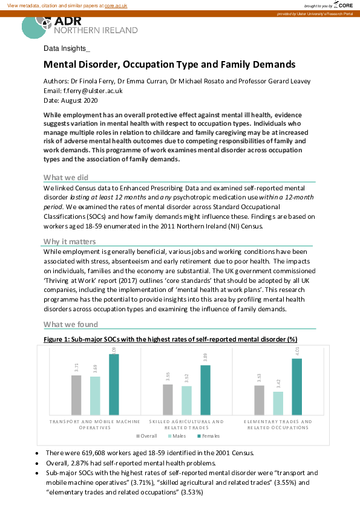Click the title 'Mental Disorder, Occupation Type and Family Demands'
point(169,64)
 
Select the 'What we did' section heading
point(67,177)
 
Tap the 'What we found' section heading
point(70,324)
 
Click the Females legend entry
point(208,436)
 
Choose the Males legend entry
point(177,436)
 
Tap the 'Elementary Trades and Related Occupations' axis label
point(278,424)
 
